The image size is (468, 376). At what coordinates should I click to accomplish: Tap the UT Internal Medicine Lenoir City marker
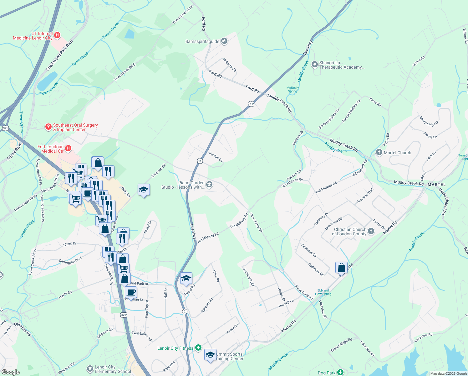[x=57, y=35]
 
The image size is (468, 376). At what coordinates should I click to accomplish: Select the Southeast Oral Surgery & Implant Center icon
[x=48, y=127]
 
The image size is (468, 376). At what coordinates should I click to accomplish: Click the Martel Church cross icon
[x=379, y=153]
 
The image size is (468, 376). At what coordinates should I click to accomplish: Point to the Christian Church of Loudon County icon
[x=371, y=232]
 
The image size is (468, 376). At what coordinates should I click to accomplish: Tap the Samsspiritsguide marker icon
[x=224, y=41]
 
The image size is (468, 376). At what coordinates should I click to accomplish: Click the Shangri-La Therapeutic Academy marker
[x=315, y=65]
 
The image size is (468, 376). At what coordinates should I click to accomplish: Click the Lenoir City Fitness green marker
[x=198, y=348]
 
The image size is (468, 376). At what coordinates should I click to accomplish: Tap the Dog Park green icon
[x=340, y=372]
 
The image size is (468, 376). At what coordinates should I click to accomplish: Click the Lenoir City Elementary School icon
[x=90, y=369]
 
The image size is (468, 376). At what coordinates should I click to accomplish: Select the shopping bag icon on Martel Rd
[x=341, y=268]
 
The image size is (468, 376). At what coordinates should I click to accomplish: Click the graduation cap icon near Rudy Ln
[x=144, y=190]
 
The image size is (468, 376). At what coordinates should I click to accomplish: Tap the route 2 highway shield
[x=185, y=311]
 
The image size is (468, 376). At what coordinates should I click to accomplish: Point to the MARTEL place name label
[x=436, y=185]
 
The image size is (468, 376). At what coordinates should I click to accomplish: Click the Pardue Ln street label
[x=216, y=157]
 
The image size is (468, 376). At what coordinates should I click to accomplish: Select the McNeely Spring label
[x=292, y=90]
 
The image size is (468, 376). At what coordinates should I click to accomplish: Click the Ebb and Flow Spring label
[x=323, y=292]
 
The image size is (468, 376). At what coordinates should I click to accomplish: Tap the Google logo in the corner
[x=10, y=372]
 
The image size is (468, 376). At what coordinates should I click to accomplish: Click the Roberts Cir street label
[x=229, y=65]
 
